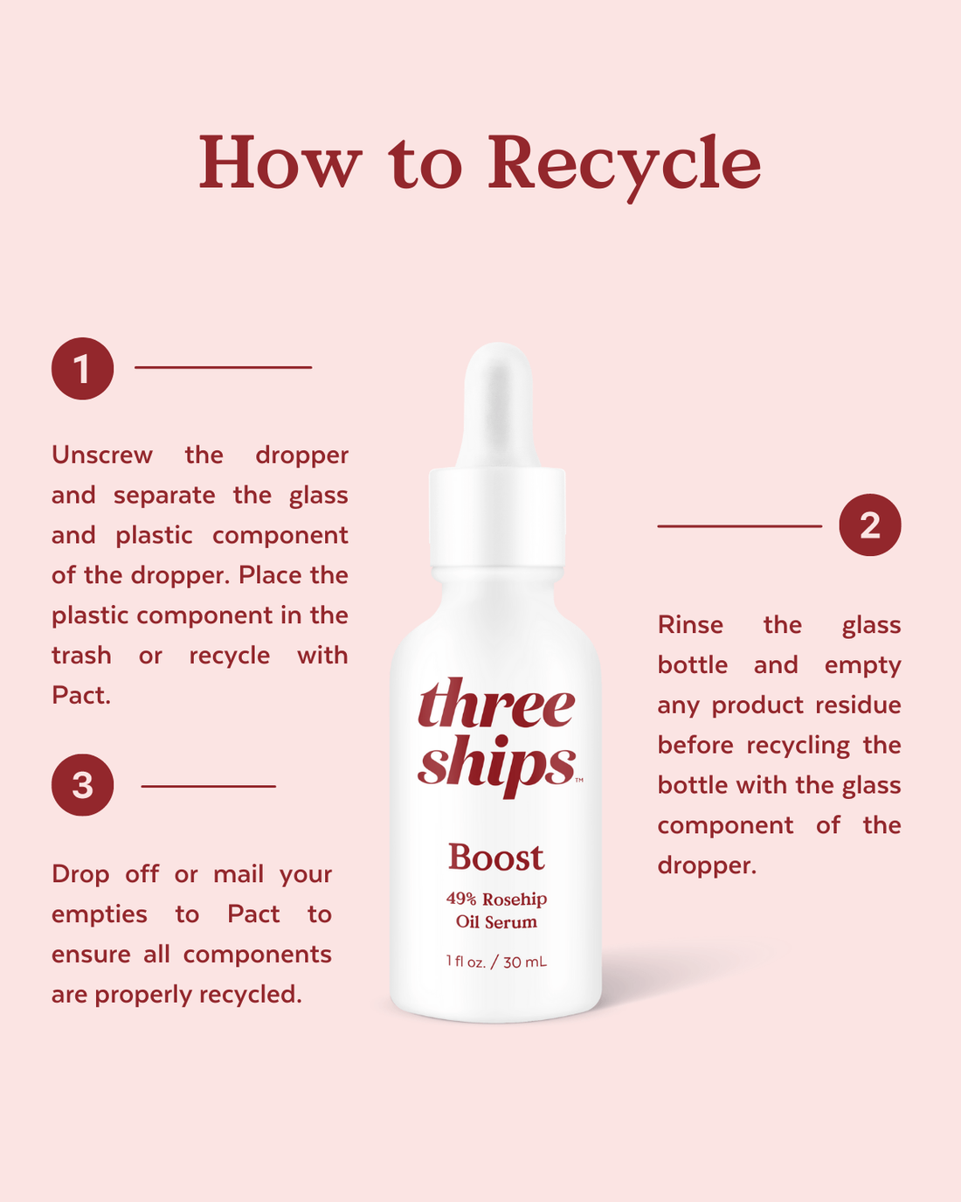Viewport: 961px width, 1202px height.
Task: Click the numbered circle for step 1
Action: [x=82, y=369]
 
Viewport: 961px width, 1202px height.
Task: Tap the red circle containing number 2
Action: [x=869, y=525]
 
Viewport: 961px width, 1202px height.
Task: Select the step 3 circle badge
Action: [x=82, y=785]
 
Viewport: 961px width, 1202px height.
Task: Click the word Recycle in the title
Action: [x=624, y=163]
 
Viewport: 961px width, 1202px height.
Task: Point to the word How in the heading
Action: [x=280, y=163]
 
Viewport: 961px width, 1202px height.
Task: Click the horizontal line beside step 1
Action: [x=223, y=367]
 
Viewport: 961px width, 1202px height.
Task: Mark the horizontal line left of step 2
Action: [x=739, y=526]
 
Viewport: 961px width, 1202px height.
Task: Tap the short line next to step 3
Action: [x=208, y=786]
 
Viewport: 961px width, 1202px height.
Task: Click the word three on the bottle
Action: [x=496, y=705]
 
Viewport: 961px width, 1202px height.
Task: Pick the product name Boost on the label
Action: [x=495, y=858]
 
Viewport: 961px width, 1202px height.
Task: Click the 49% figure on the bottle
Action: [x=460, y=899]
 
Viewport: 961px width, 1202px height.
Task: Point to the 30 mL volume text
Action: [x=525, y=962]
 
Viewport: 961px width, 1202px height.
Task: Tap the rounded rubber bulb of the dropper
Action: [x=497, y=393]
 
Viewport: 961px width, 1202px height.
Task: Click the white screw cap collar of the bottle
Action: [x=497, y=516]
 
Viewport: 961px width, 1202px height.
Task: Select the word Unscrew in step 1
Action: [x=102, y=455]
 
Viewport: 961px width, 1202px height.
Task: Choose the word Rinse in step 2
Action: [x=690, y=625]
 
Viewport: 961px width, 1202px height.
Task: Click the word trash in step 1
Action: [x=81, y=656]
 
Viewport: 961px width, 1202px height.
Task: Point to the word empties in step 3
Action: [x=100, y=914]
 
